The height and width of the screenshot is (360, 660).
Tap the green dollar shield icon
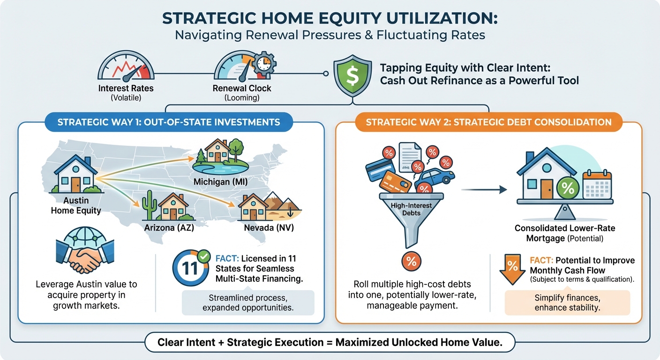coord(350,74)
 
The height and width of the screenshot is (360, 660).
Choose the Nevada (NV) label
coord(269,228)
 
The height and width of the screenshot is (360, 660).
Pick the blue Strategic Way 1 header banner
coord(169,122)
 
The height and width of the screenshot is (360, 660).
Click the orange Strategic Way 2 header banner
coord(488,122)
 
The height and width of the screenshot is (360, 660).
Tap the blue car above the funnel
coord(435,178)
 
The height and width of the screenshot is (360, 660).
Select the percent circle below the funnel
coord(411,261)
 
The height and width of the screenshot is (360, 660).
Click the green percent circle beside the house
coord(568,189)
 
